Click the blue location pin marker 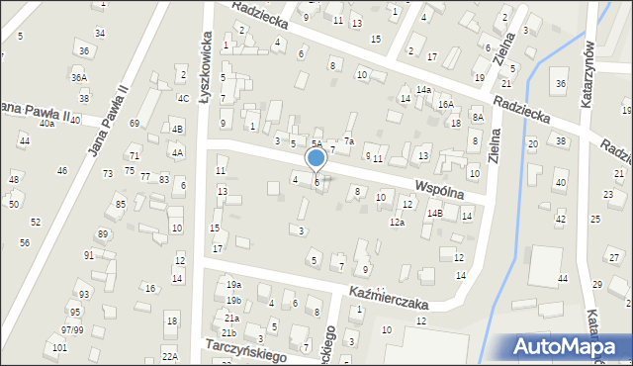(316, 158)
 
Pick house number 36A (79, 77)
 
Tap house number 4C (183, 98)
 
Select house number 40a (46, 123)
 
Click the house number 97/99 (71, 329)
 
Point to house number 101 (59, 348)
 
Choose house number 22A (170, 356)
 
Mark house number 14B (434, 213)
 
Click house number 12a (397, 223)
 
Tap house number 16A (446, 104)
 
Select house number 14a (423, 90)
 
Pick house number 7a (349, 141)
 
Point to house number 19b (233, 301)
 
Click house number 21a (231, 319)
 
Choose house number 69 (134, 123)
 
